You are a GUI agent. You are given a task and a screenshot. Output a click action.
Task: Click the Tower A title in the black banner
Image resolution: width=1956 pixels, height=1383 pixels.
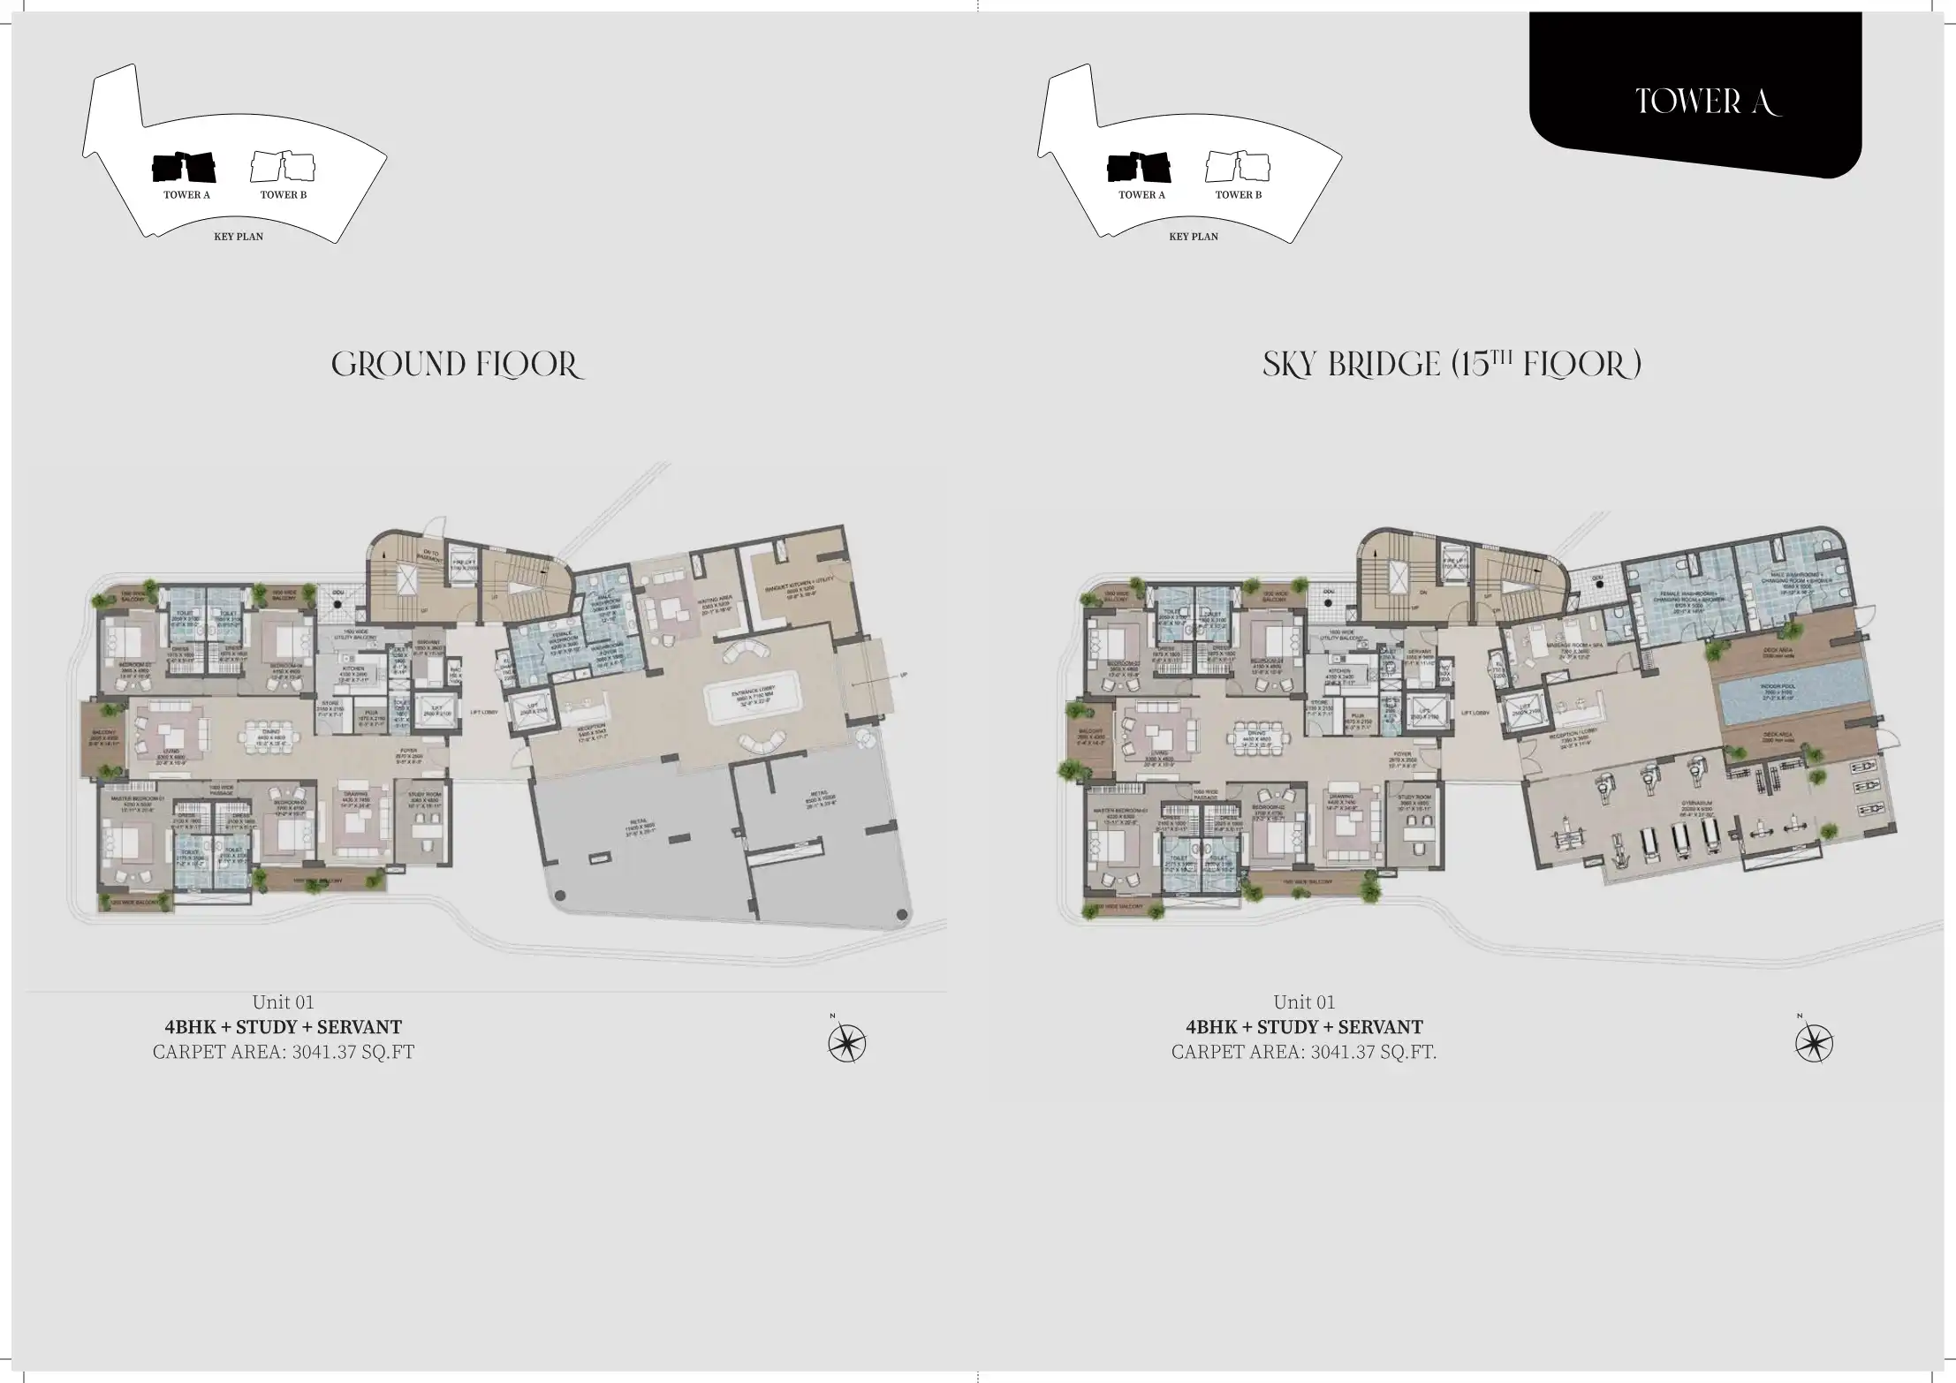(x=1707, y=102)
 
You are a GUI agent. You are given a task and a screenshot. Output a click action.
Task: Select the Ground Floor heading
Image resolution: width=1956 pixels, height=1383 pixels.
(x=457, y=365)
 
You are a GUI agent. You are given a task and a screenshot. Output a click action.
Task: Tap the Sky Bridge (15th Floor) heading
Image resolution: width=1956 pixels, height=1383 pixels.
(x=1452, y=365)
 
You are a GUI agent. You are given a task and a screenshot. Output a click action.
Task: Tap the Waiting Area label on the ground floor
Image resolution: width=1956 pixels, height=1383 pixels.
(x=712, y=604)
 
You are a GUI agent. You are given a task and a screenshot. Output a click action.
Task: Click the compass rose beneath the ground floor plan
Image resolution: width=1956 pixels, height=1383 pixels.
(x=846, y=1045)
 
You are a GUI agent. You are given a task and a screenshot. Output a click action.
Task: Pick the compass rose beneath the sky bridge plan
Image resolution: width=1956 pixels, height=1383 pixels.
(x=1814, y=1045)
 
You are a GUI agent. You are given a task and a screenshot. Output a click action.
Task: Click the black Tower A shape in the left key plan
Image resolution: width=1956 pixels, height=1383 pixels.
(x=185, y=167)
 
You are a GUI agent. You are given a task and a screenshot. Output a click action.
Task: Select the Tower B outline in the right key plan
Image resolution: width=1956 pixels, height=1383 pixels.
(x=1237, y=167)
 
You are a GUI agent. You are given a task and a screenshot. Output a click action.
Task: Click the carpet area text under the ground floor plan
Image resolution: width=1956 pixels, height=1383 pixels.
(x=283, y=1052)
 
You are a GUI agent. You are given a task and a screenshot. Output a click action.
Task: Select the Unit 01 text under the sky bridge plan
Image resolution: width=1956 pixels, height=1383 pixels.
(x=1303, y=1001)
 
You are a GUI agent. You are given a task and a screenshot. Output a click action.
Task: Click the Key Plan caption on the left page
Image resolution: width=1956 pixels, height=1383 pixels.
(x=239, y=237)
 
